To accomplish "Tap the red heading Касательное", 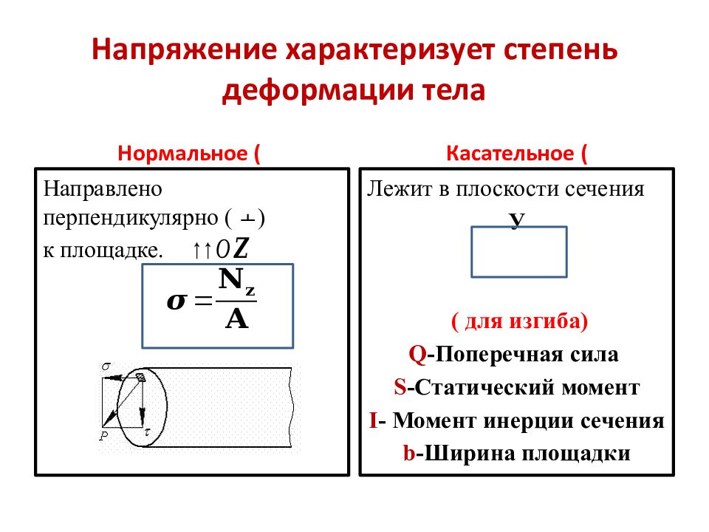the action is pyautogui.click(x=510, y=154).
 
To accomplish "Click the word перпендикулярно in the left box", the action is pyautogui.click(x=130, y=219).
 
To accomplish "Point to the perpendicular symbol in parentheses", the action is pyautogui.click(x=249, y=219).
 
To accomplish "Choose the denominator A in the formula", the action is pyautogui.click(x=237, y=318).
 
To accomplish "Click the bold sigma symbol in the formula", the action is pyautogui.click(x=178, y=301).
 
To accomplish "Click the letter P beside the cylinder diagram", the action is pyautogui.click(x=104, y=436).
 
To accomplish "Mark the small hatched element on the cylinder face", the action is pyautogui.click(x=140, y=378).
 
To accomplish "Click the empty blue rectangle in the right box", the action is pyautogui.click(x=519, y=251).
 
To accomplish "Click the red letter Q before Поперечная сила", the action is pyautogui.click(x=417, y=355).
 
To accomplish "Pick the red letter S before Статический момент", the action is pyautogui.click(x=400, y=387).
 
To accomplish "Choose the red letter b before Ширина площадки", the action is pyautogui.click(x=408, y=454).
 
